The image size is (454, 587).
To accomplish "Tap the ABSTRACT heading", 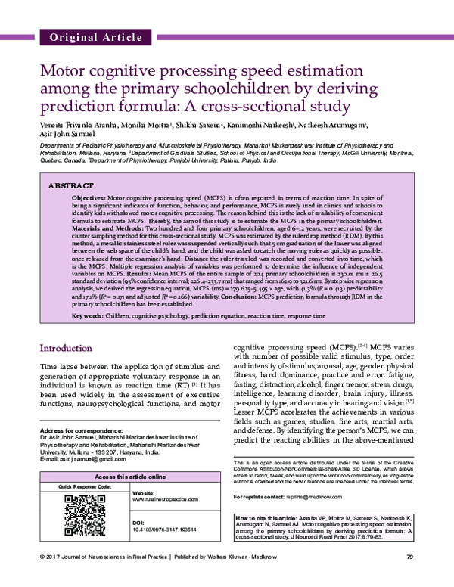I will pos(71,185).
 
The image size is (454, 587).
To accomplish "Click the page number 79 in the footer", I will pos(409,579).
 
